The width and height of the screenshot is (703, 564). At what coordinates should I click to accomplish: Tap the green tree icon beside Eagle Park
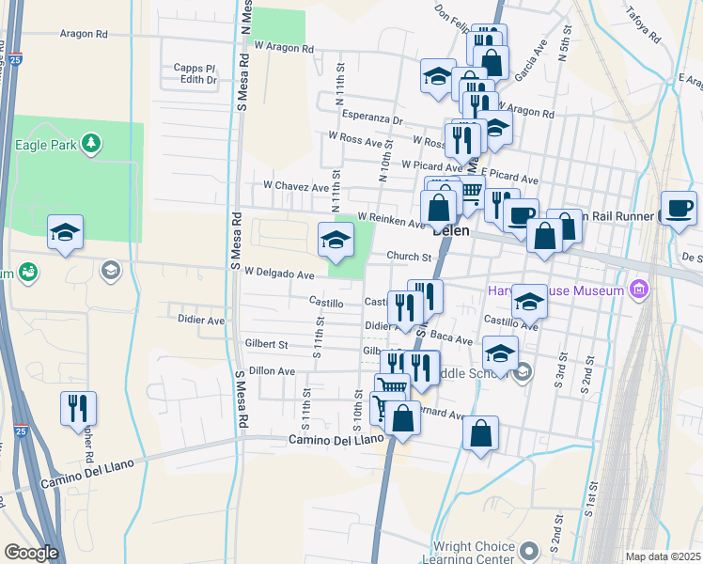pyautogui.click(x=91, y=144)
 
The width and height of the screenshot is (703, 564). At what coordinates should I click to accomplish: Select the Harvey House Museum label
pyautogui.click(x=555, y=290)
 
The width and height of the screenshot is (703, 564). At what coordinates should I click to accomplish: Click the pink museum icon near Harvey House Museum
pyautogui.click(x=641, y=289)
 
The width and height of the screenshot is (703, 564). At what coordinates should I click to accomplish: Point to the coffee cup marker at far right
pyautogui.click(x=678, y=208)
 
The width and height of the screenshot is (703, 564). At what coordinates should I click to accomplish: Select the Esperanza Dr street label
pyautogui.click(x=372, y=120)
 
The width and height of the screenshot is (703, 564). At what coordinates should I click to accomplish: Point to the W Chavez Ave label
pyautogui.click(x=296, y=186)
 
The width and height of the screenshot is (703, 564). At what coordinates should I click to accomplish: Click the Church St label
pyautogui.click(x=408, y=256)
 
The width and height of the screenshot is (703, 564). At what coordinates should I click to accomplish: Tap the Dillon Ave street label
pyautogui.click(x=272, y=371)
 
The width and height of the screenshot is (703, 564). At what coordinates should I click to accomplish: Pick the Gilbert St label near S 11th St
pyautogui.click(x=265, y=345)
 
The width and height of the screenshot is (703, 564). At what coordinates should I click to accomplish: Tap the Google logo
pyautogui.click(x=31, y=553)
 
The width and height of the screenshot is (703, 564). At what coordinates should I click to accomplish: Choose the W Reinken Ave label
pyautogui.click(x=392, y=219)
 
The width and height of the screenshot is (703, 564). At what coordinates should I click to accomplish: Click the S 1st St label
pyautogui.click(x=593, y=497)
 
